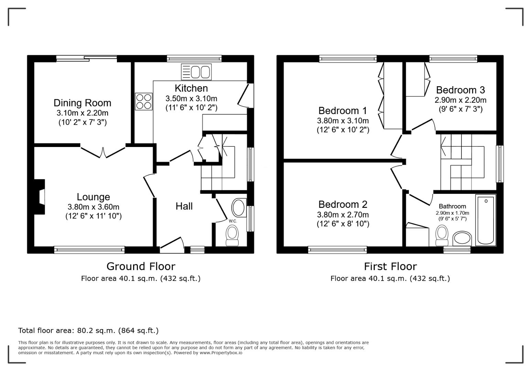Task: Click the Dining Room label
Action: pos(82,103)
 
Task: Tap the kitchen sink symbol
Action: pos(196,72)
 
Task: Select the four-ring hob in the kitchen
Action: pos(144,101)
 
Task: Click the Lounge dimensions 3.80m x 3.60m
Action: pos(93,207)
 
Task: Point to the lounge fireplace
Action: pos(40,197)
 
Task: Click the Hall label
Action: pos(184,206)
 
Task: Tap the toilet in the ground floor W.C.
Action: pos(232,236)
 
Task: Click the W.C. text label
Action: pos(233,221)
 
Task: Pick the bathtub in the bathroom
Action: pos(486,220)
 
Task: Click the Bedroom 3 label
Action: pos(460,90)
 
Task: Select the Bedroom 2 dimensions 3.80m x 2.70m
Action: pos(343,215)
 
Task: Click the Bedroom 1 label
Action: pos(343,111)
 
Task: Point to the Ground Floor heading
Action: pos(141,266)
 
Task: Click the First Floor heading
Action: pos(390,266)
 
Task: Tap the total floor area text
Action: pos(88,330)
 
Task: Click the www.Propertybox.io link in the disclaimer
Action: pos(221,353)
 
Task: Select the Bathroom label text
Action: pos(452,206)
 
